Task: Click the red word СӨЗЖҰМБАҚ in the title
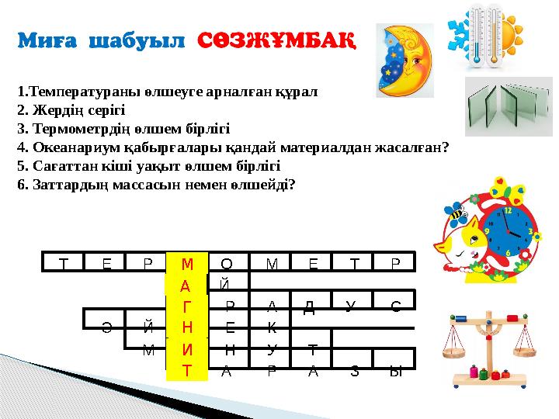tap(276, 40)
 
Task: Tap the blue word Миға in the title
tap(47, 40)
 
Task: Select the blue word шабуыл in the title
tap(137, 40)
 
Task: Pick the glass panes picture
tap(509, 106)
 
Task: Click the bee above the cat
tap(455, 214)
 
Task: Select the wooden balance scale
tap(489, 349)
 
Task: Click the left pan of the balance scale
tap(454, 353)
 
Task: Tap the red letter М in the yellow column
tap(187, 264)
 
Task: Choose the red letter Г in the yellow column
tap(187, 306)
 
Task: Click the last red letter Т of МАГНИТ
tap(187, 371)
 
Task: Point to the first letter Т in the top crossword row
tap(64, 264)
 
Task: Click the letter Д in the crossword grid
tap(309, 307)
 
